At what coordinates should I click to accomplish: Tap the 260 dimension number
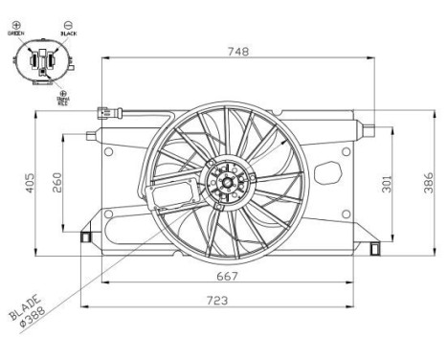[x=57, y=181]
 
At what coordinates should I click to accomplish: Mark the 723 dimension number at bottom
[x=227, y=301]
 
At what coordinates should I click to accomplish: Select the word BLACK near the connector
[x=68, y=32]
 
